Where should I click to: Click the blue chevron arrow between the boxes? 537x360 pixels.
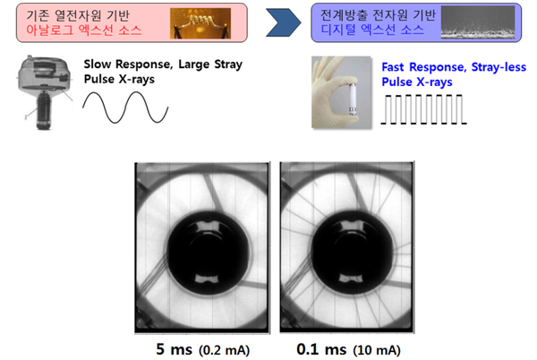(284, 22)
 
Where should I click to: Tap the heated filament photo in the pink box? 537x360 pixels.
(200, 23)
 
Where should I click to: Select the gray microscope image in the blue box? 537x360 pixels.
(478, 22)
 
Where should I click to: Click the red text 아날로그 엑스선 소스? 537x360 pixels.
(84, 30)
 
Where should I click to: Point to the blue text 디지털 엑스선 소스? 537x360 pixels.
(372, 30)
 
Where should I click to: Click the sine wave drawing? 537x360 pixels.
(125, 107)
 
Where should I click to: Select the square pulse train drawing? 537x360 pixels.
(423, 109)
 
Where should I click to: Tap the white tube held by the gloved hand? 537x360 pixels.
(353, 99)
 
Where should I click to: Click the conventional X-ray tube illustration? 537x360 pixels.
(45, 92)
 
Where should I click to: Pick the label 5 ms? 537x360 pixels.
(174, 349)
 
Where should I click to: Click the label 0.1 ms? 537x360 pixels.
(321, 349)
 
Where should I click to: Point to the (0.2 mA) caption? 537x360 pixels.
(225, 350)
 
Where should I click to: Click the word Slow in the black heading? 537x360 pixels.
(98, 64)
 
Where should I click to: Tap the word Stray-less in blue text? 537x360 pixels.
(499, 67)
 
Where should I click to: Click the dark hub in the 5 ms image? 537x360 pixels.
(208, 253)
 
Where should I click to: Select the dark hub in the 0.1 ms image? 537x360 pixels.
(353, 253)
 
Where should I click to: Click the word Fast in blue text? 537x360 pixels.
(393, 67)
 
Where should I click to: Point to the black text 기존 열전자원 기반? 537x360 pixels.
(78, 15)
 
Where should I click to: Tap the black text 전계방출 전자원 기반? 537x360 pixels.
(378, 14)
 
